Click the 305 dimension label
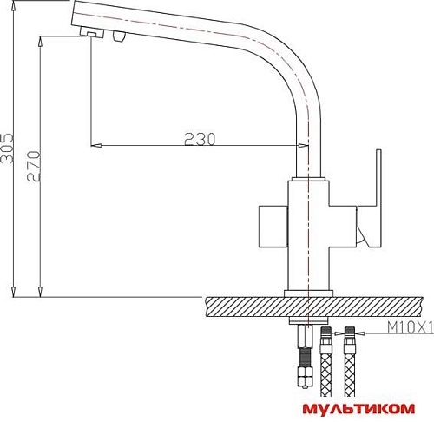pos(7,148)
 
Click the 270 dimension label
pos(34,166)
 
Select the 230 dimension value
pos(200,139)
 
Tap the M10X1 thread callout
pos(411,327)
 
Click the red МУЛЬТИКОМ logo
pos(358,409)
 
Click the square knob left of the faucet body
pos(273,227)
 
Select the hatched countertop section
pos(314,307)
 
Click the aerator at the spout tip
pos(92,32)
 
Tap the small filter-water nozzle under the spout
pos(119,36)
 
